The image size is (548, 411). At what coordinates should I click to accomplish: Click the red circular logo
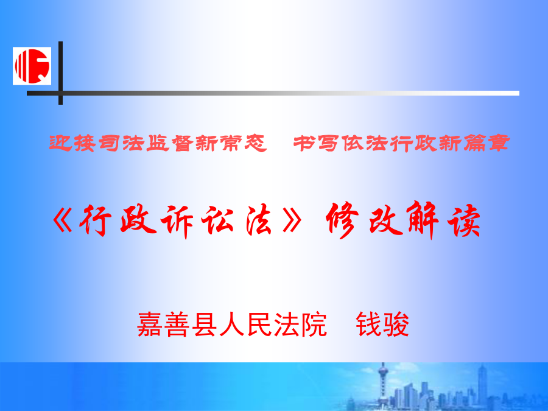(x=32, y=66)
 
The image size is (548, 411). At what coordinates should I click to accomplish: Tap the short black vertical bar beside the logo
(x=60, y=72)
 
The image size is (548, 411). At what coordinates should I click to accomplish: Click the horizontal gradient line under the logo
(x=273, y=93)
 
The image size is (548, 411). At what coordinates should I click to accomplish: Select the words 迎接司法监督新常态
(x=158, y=143)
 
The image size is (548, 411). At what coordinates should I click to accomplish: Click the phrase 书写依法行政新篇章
(x=402, y=143)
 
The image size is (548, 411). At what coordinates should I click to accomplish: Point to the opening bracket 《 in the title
(x=63, y=221)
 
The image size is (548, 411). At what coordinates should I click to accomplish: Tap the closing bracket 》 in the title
(x=292, y=221)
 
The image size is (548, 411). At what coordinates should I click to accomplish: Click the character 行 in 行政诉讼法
(x=95, y=220)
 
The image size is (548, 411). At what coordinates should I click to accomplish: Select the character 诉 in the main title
(x=177, y=221)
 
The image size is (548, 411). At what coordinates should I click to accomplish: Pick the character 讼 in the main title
(x=217, y=220)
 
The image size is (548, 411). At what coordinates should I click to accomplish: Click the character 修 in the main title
(x=342, y=219)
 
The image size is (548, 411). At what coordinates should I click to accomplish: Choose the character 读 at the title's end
(x=464, y=220)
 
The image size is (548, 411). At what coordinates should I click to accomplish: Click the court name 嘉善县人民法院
(x=232, y=325)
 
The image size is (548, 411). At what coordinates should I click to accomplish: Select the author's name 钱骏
(x=382, y=325)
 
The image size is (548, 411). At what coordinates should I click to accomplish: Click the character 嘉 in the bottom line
(x=150, y=325)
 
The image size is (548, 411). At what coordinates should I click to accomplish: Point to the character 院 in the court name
(x=314, y=325)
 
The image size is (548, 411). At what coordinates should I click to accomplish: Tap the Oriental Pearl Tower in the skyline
(x=383, y=384)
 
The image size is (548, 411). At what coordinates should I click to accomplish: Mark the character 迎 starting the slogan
(x=60, y=143)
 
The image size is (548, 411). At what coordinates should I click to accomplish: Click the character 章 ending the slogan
(x=499, y=143)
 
